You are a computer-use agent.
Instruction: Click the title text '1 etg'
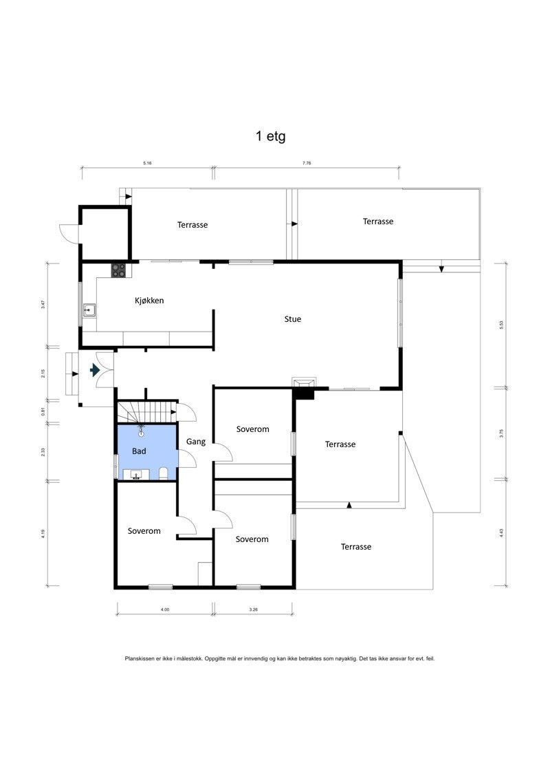pos(271,136)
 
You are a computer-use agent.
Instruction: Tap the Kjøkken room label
pos(148,301)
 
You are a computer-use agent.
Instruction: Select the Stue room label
pos(293,319)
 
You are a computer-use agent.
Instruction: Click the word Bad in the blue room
pos(139,451)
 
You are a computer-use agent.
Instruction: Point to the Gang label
pos(196,442)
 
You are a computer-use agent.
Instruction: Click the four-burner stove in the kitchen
pos(119,271)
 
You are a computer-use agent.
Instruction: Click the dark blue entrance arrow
pos(95,371)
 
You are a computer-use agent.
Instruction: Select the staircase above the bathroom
pos(146,413)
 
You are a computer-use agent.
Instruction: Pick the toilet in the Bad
pos(164,473)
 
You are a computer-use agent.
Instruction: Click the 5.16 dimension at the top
pos(147,164)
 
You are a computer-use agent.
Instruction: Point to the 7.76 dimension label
pos(307,164)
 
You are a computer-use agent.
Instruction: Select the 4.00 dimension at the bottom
pos(165,609)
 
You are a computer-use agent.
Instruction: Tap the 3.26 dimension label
pos(253,609)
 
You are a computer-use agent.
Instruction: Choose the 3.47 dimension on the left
pos(43,304)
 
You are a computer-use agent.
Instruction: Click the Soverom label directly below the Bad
pos(144,531)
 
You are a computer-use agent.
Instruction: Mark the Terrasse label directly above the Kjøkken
pos(192,225)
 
